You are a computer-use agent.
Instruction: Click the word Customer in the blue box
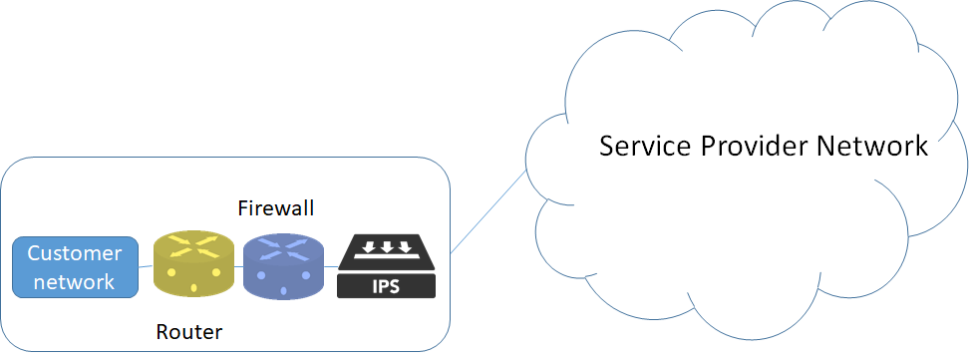pos(75,253)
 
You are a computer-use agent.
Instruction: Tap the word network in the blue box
pos(75,281)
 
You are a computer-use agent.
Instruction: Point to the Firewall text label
pos(276,208)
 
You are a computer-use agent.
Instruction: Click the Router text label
pos(189,331)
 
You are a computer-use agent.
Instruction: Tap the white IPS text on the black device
pos(387,286)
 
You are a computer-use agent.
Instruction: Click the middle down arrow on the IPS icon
pos(387,247)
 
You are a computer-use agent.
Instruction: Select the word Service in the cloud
pos(644,147)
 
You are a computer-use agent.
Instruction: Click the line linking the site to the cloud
pos(488,210)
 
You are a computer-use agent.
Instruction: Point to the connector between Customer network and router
pos(146,266)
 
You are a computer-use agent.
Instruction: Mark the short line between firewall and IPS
pos(330,267)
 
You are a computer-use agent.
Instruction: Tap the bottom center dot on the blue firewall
pos(283,291)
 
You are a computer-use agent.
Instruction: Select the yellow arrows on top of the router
pos(193,244)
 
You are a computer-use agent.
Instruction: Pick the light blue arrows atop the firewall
pos(283,246)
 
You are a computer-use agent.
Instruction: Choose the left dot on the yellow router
pos(170,272)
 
